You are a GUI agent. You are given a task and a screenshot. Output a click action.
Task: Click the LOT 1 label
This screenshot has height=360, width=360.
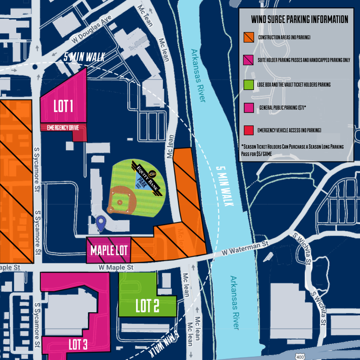tap(63, 107)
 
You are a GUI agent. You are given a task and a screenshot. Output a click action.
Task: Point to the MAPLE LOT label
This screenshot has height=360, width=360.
tap(108, 251)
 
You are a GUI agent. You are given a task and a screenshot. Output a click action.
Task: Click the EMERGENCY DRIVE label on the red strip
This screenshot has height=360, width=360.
tap(63, 128)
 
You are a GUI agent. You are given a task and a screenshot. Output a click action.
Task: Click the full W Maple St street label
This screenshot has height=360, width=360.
tap(116, 267)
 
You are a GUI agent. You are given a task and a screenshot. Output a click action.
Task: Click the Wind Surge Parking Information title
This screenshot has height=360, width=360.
tap(299, 20)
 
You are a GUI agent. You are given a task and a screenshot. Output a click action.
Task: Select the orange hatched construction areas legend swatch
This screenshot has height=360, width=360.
tap(249, 38)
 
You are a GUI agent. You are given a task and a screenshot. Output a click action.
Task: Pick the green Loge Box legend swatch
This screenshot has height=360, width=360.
tap(249, 85)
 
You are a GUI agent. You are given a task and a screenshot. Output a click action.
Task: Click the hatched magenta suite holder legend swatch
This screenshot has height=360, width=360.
tap(249, 60)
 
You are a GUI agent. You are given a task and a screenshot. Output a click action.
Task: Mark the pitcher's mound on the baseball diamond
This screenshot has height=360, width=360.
tap(119, 202)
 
